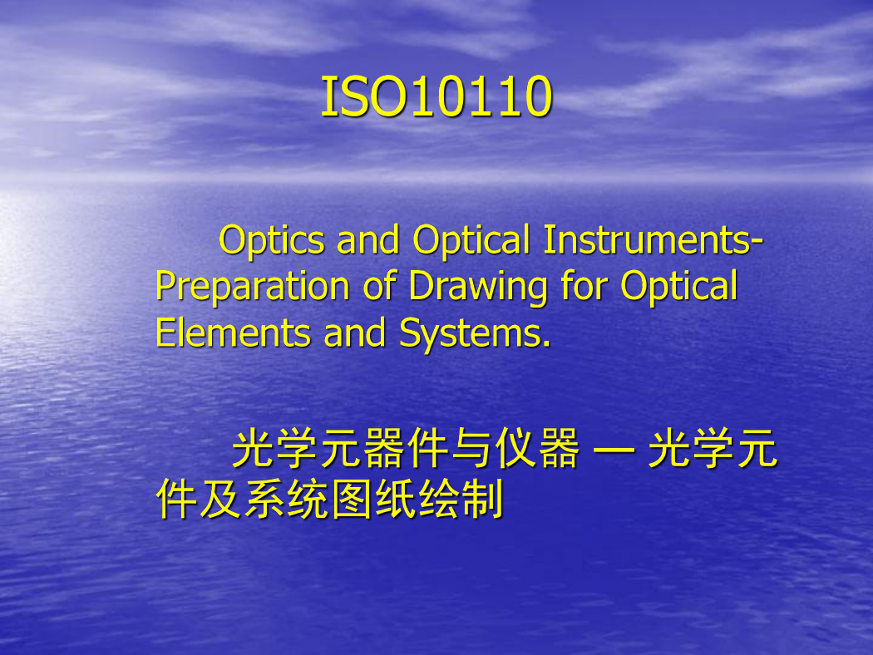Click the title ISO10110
[x=436, y=96]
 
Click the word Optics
[x=272, y=241]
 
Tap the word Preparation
[x=252, y=288]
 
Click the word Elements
[x=232, y=332]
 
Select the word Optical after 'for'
[x=678, y=288]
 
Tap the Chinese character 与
[x=471, y=448]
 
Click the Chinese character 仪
[x=515, y=448]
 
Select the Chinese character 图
[x=352, y=499]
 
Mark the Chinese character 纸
[x=395, y=499]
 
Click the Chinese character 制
[x=483, y=499]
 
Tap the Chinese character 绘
[x=439, y=499]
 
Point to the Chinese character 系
[x=264, y=499]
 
